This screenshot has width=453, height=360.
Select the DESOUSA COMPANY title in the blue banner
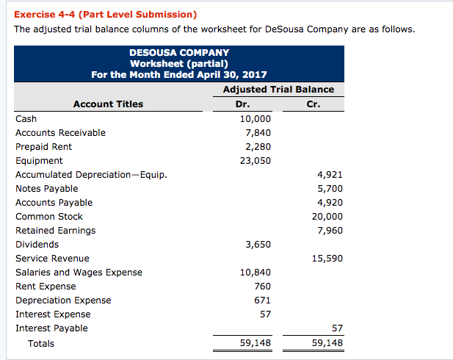pyautogui.click(x=179, y=53)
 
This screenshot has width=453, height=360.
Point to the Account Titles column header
pyautogui.click(x=109, y=104)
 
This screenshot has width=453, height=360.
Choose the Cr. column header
pyautogui.click(x=314, y=104)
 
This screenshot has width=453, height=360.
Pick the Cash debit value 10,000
pyautogui.click(x=256, y=119)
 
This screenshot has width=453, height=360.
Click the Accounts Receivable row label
pyautogui.click(x=60, y=133)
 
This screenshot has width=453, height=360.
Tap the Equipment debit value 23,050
pyautogui.click(x=256, y=161)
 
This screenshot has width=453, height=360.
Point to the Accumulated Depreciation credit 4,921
pyautogui.click(x=330, y=175)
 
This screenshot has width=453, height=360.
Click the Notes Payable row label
pyautogui.click(x=46, y=189)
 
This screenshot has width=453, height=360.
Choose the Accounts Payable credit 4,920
pyautogui.click(x=330, y=203)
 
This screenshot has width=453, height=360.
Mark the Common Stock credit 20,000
pyautogui.click(x=327, y=217)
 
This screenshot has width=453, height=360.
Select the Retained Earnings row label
pyautogui.click(x=55, y=231)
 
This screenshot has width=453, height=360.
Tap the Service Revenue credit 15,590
pyautogui.click(x=327, y=259)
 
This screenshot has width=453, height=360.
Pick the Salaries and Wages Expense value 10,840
pyautogui.click(x=256, y=273)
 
